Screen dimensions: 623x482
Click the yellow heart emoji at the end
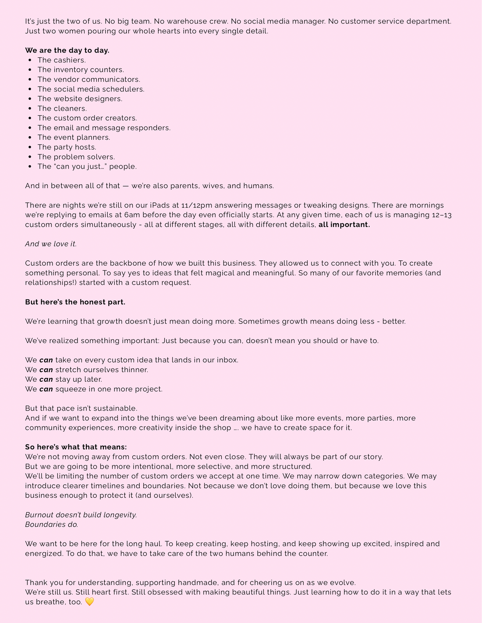pos(89,602)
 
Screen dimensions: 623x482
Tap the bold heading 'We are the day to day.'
pos(67,50)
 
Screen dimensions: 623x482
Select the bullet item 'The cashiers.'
pos(61,60)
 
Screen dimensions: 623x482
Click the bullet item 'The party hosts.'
pos(67,147)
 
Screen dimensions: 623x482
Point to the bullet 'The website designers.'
pos(80,99)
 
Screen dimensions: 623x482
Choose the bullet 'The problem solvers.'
pos(76,157)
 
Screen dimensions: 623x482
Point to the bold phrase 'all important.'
pos(344,225)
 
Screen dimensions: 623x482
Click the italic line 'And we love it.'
pos(51,244)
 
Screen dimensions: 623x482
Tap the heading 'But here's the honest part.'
pos(75,302)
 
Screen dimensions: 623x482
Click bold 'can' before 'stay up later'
pos(46,379)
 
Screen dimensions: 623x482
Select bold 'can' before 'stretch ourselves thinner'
pos(46,370)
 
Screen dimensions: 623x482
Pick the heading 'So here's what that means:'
pos(76,447)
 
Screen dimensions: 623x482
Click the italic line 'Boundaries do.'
pos(52,524)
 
